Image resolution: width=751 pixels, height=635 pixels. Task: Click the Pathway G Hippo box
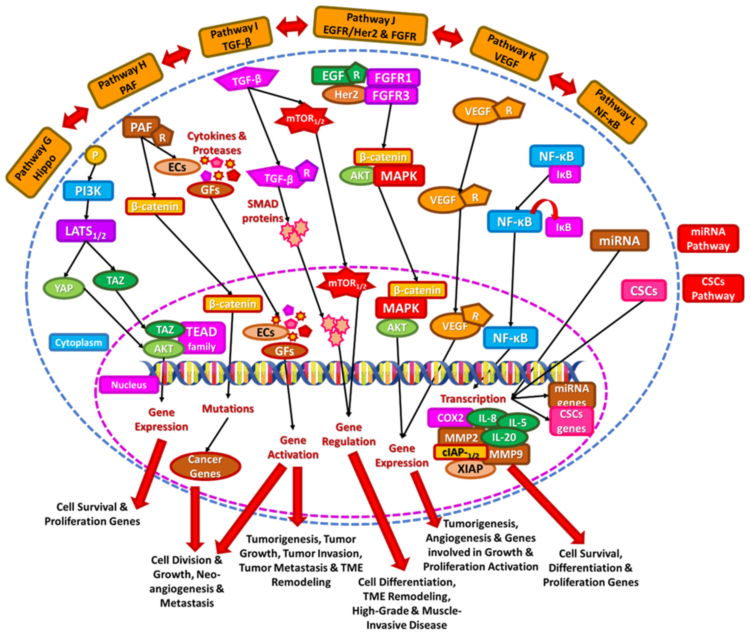point(38,162)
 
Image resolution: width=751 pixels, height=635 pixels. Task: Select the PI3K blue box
point(88,191)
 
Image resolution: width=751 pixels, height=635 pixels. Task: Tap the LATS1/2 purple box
point(86,231)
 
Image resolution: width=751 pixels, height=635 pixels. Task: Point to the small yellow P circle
point(95,155)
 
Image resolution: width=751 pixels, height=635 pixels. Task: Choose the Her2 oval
point(345,95)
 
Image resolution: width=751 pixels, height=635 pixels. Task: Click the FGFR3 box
point(391,96)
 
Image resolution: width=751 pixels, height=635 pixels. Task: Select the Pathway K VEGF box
point(509,53)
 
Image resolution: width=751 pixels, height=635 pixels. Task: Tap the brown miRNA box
point(619,240)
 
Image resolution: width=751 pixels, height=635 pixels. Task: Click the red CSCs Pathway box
point(713,288)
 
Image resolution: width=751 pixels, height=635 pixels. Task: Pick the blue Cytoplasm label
point(79,342)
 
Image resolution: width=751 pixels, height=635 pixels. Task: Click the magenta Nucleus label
point(129,385)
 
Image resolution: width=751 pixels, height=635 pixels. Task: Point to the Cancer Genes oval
point(205,466)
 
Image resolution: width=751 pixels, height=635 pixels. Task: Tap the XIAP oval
point(470,469)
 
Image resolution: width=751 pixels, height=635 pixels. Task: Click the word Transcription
point(473,399)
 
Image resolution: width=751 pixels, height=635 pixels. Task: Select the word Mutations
point(228,409)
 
